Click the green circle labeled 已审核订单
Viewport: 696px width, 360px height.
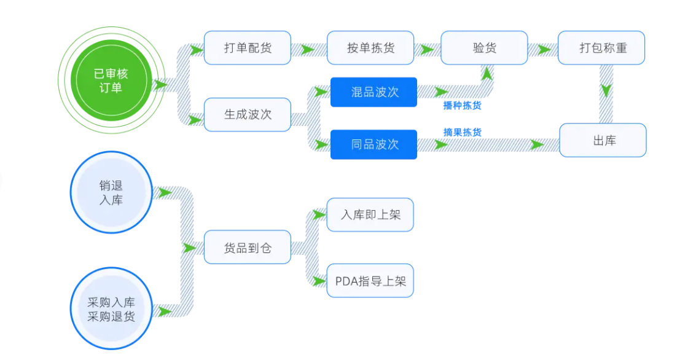(111, 80)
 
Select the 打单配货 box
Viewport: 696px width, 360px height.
(247, 48)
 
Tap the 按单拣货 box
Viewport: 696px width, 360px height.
(370, 48)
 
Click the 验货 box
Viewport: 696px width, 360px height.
(484, 48)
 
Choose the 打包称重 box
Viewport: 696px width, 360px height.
(601, 48)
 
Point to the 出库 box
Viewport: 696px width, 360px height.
(602, 140)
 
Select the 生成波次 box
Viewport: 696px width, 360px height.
(247, 114)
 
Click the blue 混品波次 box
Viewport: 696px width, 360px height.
(373, 92)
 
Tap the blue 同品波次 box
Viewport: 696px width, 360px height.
(373, 144)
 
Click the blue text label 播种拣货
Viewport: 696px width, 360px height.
(462, 106)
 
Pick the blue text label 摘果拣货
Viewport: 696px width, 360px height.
(462, 132)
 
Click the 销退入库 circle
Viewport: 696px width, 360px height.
(111, 192)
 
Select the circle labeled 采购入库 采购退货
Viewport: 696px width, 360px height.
(111, 309)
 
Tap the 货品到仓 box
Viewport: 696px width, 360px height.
(247, 248)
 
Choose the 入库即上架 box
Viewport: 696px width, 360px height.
(370, 215)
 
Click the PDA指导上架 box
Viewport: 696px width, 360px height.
(370, 281)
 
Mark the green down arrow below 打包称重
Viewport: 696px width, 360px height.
(606, 90)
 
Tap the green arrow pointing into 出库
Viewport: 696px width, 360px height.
(538, 144)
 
